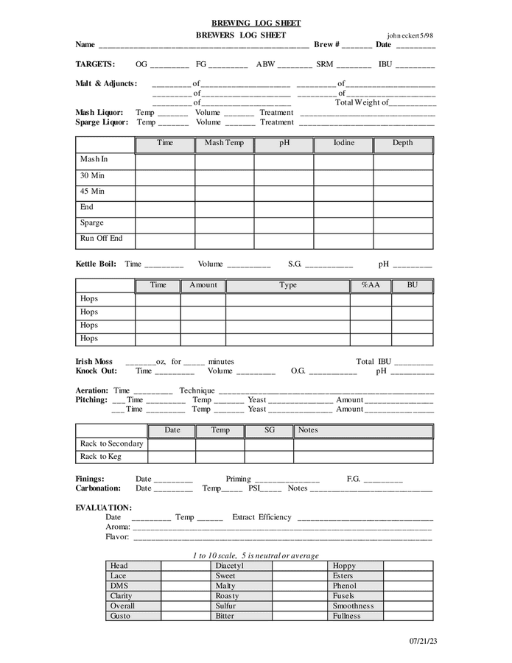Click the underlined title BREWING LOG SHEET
pyautogui.click(x=256, y=24)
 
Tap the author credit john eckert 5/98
pyautogui.click(x=410, y=35)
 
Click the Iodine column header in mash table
pyautogui.click(x=343, y=143)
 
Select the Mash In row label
pyautogui.click(x=94, y=159)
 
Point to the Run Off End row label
pyautogui.click(x=102, y=239)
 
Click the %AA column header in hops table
pyautogui.click(x=371, y=285)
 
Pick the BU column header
pyautogui.click(x=412, y=285)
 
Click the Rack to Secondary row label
pyautogui.click(x=112, y=443)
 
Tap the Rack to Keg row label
pyautogui.click(x=101, y=457)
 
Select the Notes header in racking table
pyautogui.click(x=308, y=430)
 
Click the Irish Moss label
pyautogui.click(x=94, y=362)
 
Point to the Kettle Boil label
pyautogui.click(x=96, y=264)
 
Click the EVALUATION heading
pyautogui.click(x=104, y=508)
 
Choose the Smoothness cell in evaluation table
pyautogui.click(x=354, y=606)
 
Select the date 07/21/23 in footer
pyautogui.click(x=424, y=642)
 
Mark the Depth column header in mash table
pyautogui.click(x=402, y=143)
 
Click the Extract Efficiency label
pyautogui.click(x=262, y=517)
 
